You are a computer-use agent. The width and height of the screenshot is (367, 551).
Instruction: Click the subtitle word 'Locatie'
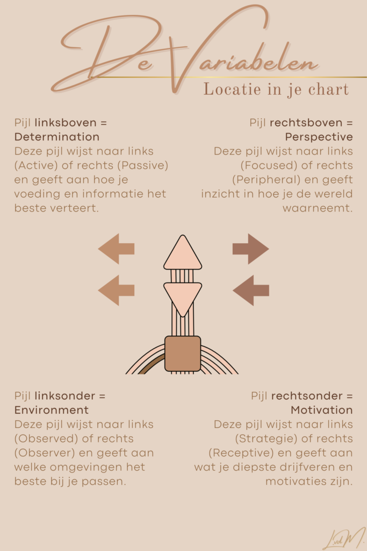tap(232, 89)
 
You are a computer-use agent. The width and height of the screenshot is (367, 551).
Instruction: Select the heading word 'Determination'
tap(57, 137)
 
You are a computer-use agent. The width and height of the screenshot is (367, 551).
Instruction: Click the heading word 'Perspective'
tap(319, 137)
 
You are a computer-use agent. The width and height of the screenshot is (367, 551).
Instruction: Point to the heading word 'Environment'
tap(52, 410)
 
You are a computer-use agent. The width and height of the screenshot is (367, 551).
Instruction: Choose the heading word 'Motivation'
tap(322, 410)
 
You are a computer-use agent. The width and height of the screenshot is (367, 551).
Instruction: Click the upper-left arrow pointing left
tap(116, 249)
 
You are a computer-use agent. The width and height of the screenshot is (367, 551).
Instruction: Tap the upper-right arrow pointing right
tap(250, 249)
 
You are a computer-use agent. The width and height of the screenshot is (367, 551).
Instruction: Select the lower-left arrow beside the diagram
tap(116, 290)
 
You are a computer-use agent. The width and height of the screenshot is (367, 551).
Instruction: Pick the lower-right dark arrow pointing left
tap(251, 290)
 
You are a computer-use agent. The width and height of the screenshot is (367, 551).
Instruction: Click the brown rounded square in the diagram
tap(183, 354)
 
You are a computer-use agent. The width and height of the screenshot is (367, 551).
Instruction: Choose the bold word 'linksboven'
tap(66, 123)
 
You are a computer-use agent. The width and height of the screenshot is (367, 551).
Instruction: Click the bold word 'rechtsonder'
tap(307, 396)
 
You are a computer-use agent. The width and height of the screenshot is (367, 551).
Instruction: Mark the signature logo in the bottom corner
tap(344, 538)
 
